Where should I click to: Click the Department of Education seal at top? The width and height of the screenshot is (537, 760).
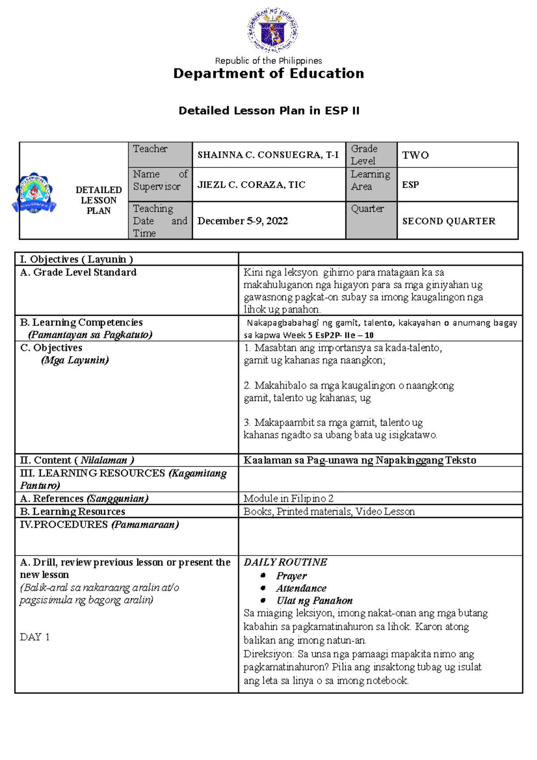(272, 30)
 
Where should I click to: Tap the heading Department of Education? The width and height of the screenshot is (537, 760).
(268, 73)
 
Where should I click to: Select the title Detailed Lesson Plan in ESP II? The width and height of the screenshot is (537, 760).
(268, 111)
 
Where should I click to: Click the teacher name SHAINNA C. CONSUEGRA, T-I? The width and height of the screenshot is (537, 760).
(268, 155)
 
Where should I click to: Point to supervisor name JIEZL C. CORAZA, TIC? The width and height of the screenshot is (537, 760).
(251, 184)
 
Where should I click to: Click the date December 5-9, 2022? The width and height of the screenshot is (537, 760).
(243, 221)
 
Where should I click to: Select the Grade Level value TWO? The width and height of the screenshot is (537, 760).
(415, 155)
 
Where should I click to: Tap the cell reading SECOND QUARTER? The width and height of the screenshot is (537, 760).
(448, 221)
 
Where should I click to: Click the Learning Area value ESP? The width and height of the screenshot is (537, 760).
(410, 184)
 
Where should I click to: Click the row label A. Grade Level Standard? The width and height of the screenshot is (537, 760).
(78, 272)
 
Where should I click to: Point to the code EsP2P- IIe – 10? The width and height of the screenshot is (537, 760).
(344, 335)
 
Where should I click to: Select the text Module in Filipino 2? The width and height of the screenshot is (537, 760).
(288, 498)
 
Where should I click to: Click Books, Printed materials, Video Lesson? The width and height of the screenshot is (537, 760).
(329, 511)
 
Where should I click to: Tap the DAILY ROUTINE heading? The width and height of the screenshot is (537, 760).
(285, 562)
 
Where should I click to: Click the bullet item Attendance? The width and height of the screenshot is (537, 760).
(301, 588)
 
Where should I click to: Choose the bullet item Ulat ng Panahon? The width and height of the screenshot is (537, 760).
(314, 601)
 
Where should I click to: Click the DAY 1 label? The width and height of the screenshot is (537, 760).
(34, 636)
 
